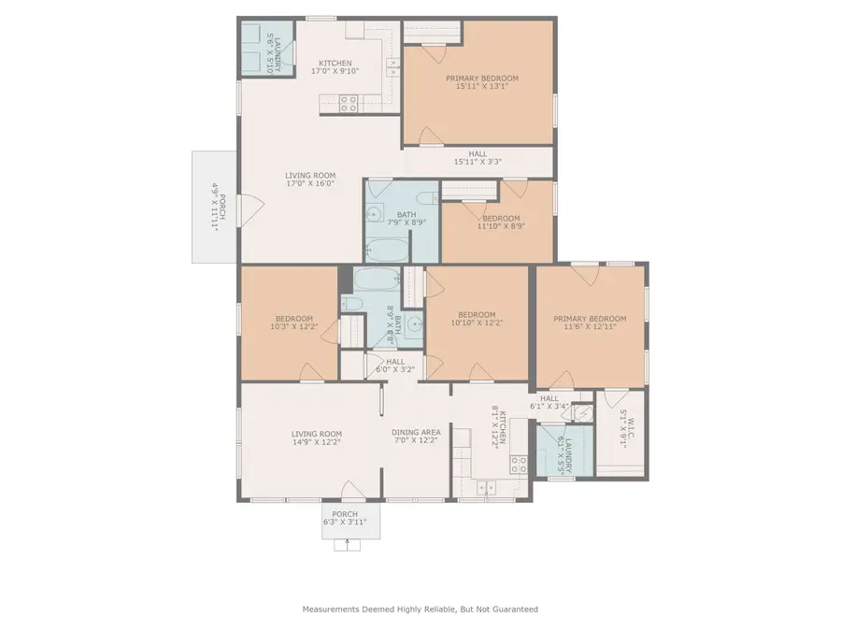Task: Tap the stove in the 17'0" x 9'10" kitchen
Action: point(348,107)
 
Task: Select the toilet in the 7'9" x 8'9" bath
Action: point(426,198)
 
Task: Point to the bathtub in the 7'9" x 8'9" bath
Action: point(387,250)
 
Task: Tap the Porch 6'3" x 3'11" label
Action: point(345,518)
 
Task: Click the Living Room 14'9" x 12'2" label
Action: point(316,438)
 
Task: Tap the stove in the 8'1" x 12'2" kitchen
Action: point(519,463)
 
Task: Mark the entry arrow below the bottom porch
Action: point(346,544)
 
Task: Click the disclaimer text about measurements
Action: point(420,609)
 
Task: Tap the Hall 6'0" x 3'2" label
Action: point(395,365)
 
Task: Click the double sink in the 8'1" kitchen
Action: point(484,486)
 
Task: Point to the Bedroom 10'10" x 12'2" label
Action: point(477,319)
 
